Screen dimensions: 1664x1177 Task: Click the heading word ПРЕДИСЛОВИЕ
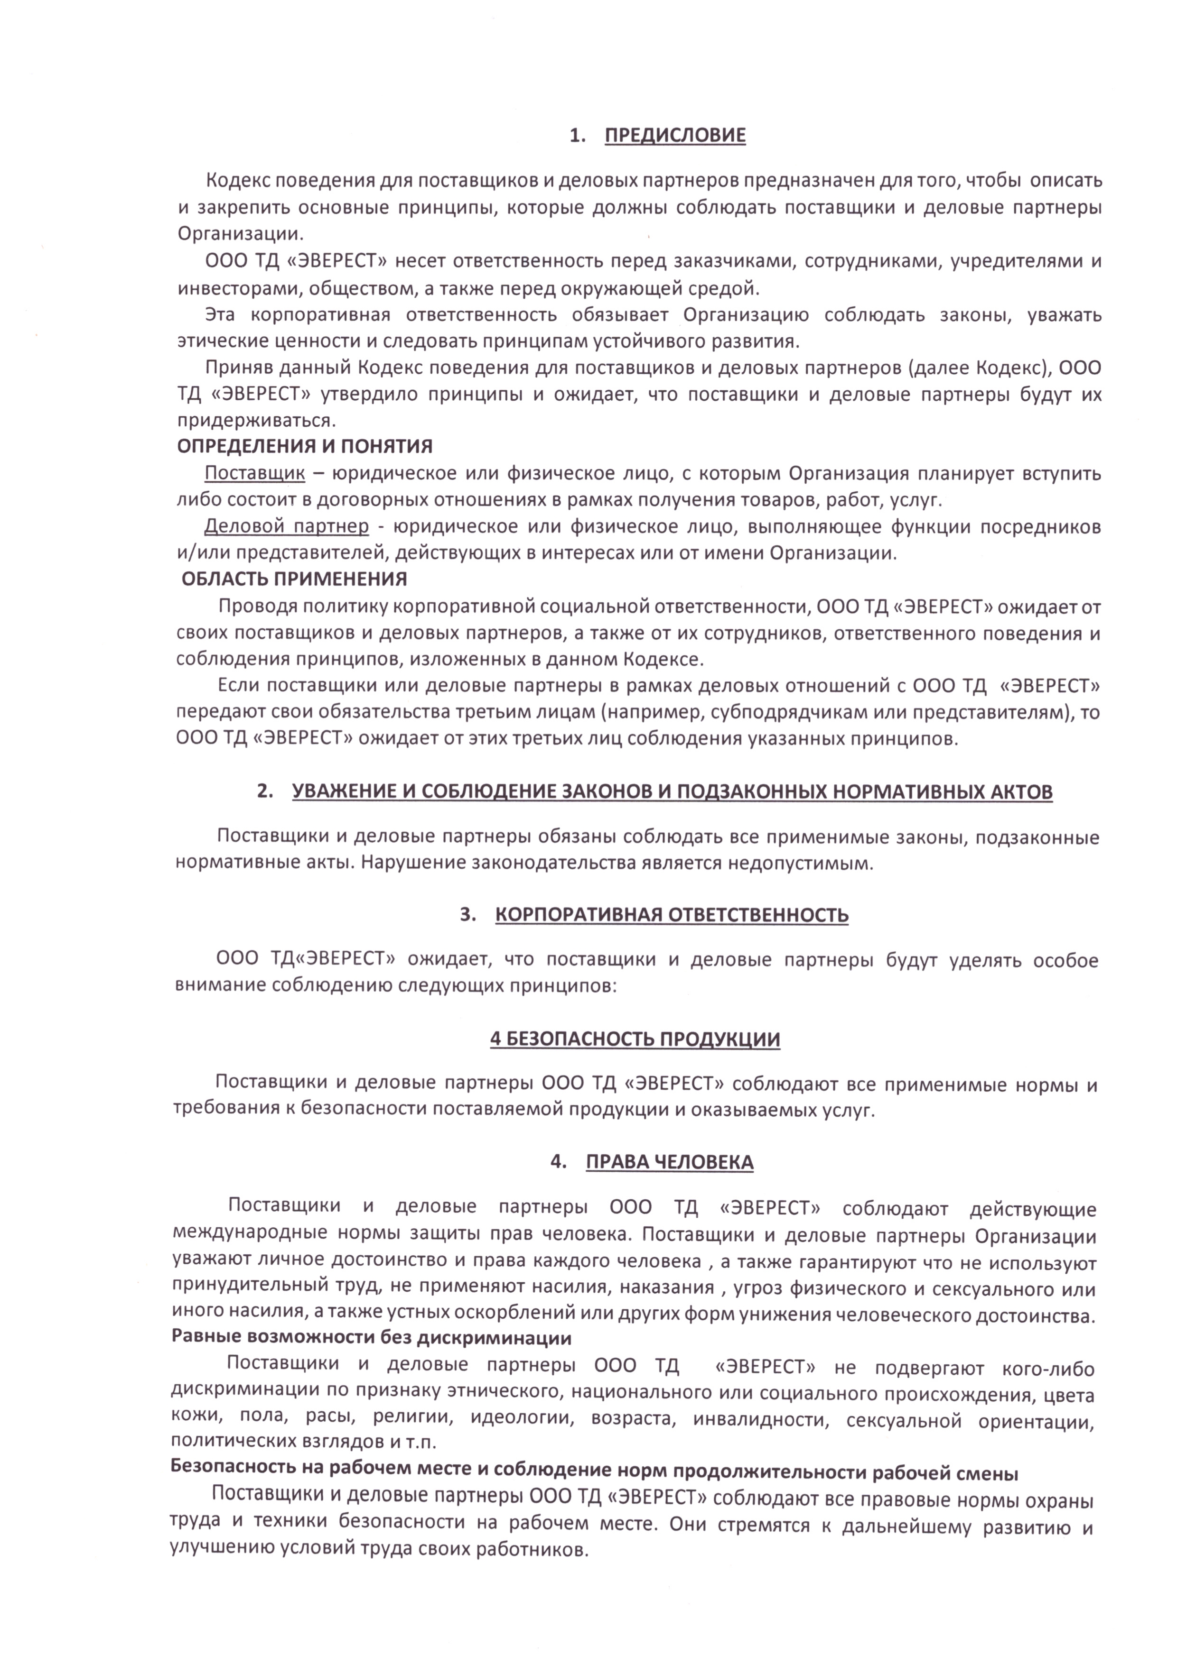pos(674,136)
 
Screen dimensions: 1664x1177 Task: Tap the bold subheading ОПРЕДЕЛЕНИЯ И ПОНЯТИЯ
pos(305,446)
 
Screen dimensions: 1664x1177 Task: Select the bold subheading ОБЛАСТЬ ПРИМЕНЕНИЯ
pos(294,579)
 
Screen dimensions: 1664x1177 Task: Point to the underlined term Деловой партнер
pos(287,526)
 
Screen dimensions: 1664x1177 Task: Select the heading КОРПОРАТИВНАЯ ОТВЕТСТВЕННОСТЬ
pos(672,915)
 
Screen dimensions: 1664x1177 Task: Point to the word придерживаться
pos(256,420)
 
